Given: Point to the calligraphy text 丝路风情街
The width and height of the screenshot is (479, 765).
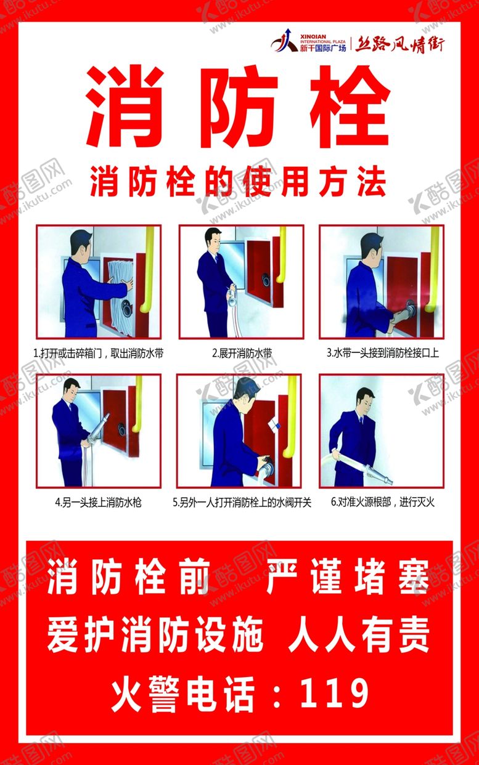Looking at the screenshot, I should [x=399, y=44].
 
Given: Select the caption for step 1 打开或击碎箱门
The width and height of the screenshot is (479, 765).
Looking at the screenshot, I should [x=98, y=354].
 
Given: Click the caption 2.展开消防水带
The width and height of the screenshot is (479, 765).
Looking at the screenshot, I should [x=241, y=354].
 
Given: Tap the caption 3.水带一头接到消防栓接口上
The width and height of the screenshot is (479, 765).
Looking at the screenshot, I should [x=382, y=354].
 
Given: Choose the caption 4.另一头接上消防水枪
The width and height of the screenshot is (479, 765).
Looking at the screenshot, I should [x=98, y=502].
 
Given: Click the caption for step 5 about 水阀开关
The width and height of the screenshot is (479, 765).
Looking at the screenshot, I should [x=242, y=502].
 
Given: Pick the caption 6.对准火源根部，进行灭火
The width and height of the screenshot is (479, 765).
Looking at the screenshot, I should [x=382, y=502].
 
